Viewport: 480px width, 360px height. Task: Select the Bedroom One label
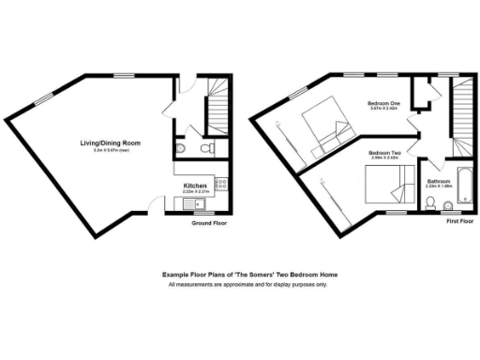pyautogui.click(x=384, y=104)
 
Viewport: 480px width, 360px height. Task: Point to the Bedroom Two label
pyautogui.click(x=384, y=153)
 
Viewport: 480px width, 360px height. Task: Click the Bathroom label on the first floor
pyautogui.click(x=438, y=180)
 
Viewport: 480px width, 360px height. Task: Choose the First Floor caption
pyautogui.click(x=458, y=222)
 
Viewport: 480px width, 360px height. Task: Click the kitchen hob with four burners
pyautogui.click(x=220, y=186)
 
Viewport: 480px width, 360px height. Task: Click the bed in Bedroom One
pyautogui.click(x=322, y=127)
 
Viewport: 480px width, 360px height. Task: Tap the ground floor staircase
pyautogui.click(x=218, y=104)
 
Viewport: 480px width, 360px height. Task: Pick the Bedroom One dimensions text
pyautogui.click(x=384, y=110)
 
